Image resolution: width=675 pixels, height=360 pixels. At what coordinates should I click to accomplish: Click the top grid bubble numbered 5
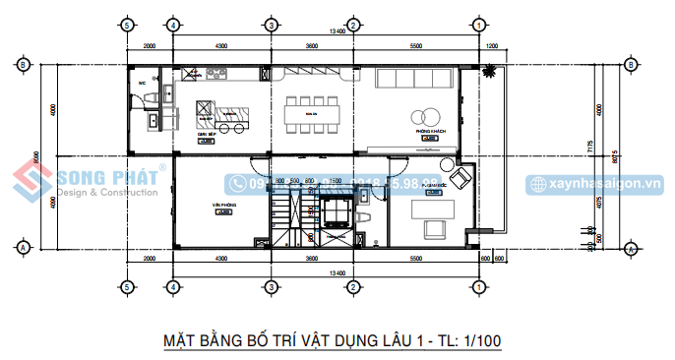pyautogui.click(x=126, y=24)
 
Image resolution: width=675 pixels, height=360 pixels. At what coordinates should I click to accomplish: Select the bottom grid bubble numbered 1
pyautogui.click(x=476, y=287)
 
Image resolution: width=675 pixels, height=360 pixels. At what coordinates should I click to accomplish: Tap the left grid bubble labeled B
pyautogui.click(x=22, y=65)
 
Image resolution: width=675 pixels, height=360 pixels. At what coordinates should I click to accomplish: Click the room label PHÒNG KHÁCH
pyautogui.click(x=431, y=130)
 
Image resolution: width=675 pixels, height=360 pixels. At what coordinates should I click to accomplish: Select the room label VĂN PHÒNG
pyautogui.click(x=222, y=206)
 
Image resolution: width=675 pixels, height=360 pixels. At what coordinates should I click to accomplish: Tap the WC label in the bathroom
pyautogui.click(x=143, y=83)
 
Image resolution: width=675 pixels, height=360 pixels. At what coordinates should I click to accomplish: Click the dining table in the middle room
pyautogui.click(x=312, y=117)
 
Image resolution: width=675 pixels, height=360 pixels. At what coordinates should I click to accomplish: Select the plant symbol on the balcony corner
pyautogui.click(x=485, y=72)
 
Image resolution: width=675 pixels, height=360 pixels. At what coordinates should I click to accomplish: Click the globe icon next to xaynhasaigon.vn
pyautogui.click(x=535, y=184)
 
